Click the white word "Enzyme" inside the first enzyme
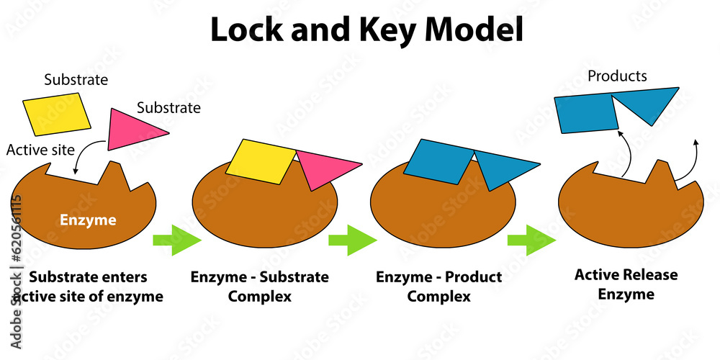[x=88, y=220]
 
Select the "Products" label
[x=617, y=76]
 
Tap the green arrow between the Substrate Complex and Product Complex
[x=352, y=240]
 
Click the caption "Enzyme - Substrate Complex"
[x=259, y=286]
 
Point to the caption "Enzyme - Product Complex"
[x=439, y=286]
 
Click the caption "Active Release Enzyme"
[x=626, y=284]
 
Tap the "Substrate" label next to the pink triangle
[x=168, y=108]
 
